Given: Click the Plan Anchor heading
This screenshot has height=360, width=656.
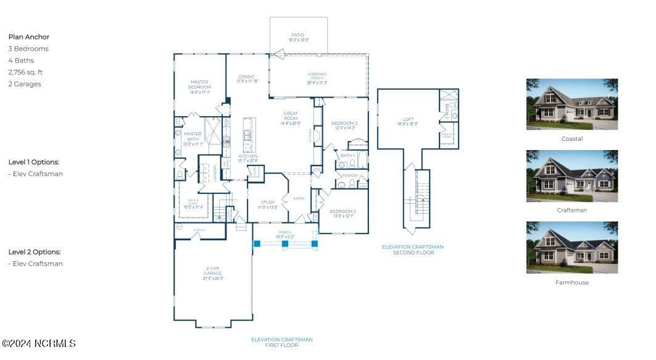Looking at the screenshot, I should point(28,37).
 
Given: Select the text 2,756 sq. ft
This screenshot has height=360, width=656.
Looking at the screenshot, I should point(25,72).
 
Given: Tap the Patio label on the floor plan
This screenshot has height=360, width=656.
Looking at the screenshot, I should point(298,37).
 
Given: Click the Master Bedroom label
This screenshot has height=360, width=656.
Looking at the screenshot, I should point(199,86).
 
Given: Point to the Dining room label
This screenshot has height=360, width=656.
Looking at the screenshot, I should point(247,78).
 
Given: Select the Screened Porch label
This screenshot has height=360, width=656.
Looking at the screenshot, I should point(317,78).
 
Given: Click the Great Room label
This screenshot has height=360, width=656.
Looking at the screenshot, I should point(291,118).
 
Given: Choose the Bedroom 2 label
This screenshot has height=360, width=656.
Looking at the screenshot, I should point(343,214).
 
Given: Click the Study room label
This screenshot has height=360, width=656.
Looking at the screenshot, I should point(267,204).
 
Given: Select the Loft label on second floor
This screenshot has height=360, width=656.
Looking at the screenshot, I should point(408,121).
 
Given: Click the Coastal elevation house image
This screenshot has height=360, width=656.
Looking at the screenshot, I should point(571,104).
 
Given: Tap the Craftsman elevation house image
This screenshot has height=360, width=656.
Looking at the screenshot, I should point(571,176).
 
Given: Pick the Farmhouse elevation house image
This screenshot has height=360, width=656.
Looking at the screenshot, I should point(571,248).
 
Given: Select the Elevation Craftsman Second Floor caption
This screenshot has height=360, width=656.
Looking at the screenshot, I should point(412,249).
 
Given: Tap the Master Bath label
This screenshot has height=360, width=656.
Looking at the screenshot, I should point(193,136).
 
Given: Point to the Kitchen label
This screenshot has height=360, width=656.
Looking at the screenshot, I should point(247,158).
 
